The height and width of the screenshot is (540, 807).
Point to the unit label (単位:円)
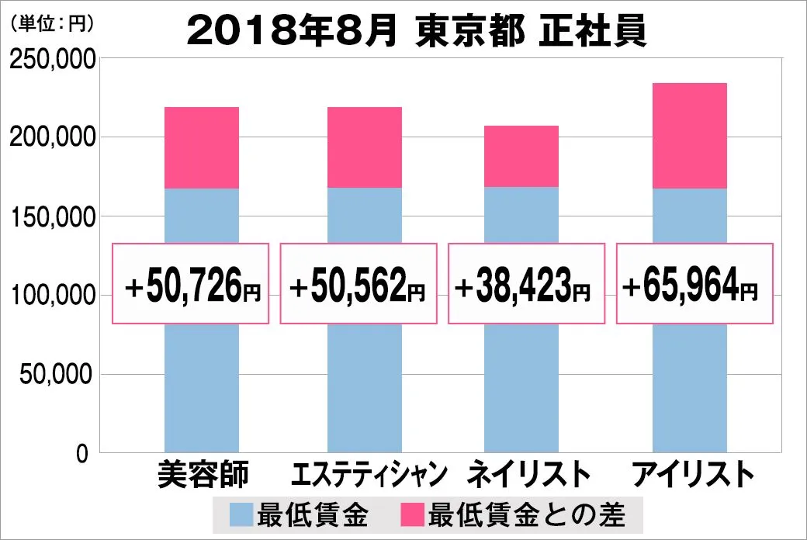(x=50, y=24)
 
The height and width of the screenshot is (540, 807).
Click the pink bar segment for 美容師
(x=202, y=147)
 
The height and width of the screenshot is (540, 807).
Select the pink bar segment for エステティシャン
(x=365, y=147)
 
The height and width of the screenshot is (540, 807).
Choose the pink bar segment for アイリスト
(x=690, y=136)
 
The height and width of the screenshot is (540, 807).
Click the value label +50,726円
(x=192, y=285)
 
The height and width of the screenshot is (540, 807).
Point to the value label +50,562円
(x=358, y=285)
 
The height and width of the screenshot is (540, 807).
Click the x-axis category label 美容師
(x=202, y=475)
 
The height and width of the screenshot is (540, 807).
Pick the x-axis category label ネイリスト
(x=524, y=475)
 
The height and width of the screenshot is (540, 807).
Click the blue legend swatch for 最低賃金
(x=241, y=514)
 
